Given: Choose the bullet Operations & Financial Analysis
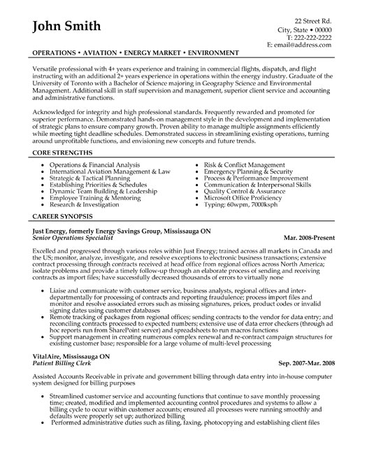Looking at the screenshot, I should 94,144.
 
